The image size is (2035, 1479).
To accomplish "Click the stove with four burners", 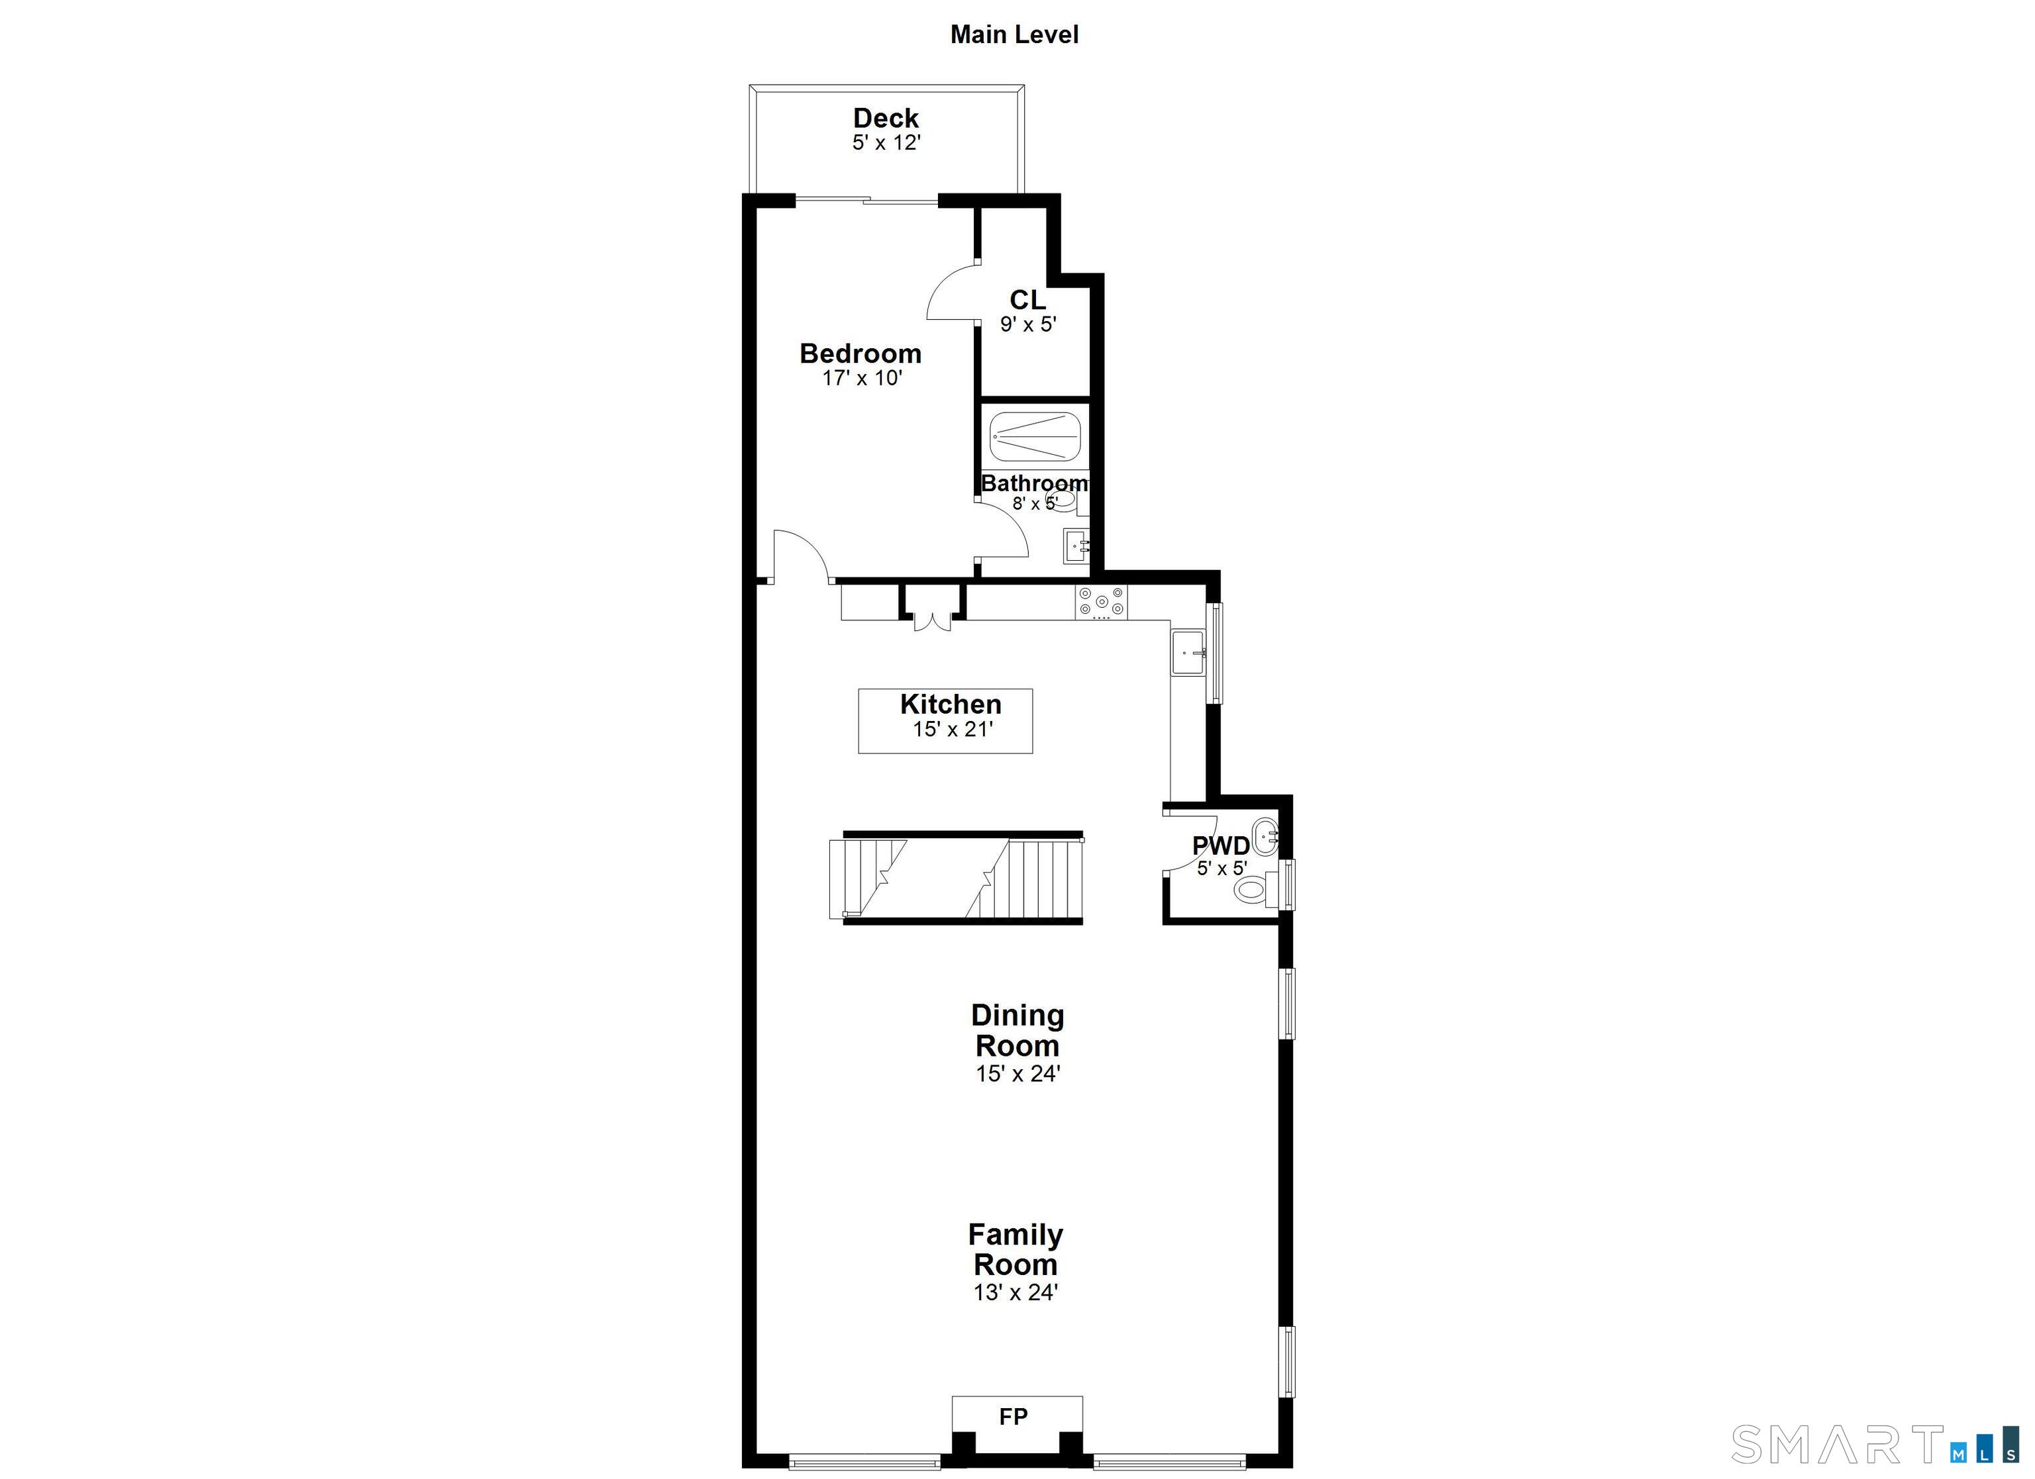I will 1101,602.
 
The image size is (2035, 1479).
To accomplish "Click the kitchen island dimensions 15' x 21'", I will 952,729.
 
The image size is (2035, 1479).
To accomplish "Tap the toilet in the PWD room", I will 1252,889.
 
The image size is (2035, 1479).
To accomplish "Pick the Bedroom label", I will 860,354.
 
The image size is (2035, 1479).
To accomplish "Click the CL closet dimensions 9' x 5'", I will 1028,324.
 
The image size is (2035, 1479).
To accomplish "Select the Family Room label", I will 1015,1249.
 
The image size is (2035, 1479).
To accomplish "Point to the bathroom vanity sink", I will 1076,546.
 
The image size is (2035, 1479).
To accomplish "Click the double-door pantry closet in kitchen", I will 932,610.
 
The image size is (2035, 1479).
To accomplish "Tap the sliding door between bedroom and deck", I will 866,200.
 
